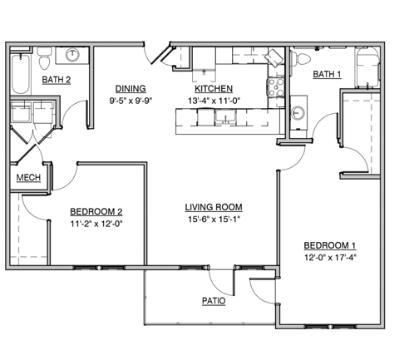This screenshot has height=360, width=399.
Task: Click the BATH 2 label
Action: pos(57,80)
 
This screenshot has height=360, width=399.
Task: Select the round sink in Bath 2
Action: pos(74,56)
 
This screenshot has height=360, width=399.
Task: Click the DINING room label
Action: pos(131,89)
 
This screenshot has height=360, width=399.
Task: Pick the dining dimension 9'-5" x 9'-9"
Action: pos(131,102)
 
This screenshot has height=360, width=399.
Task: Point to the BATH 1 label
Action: pos(327,75)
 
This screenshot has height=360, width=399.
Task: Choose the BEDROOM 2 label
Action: pos(96,210)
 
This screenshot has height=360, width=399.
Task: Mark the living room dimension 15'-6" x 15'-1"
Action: pos(213,220)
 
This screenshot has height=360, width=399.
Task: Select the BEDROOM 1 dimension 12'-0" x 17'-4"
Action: pos(330,258)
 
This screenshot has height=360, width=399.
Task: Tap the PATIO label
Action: pos(213,300)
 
